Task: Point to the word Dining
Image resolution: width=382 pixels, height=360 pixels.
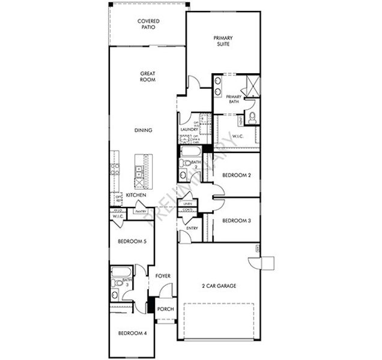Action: point(144,130)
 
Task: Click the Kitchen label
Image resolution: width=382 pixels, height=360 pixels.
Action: point(136,196)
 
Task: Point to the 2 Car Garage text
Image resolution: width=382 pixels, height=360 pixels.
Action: point(219,286)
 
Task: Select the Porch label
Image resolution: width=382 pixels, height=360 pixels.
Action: point(165,309)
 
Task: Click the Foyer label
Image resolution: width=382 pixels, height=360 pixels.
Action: point(163,275)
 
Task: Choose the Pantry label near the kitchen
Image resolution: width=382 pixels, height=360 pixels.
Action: point(142,211)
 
